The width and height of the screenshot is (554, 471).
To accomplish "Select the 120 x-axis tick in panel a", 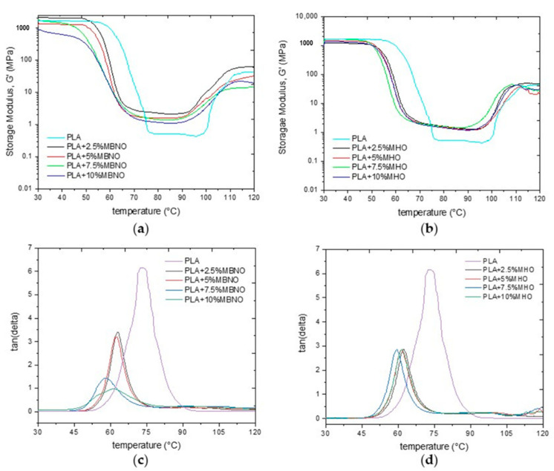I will (x=254, y=200).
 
